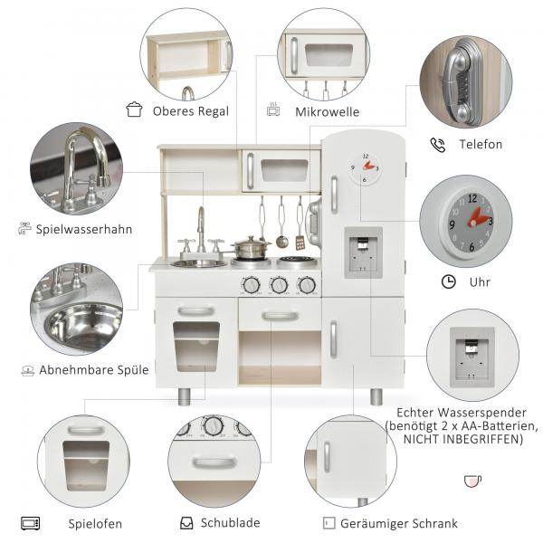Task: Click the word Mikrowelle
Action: [328, 112]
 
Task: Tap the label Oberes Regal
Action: [191, 111]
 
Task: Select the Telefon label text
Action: [481, 144]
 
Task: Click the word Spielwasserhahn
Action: [84, 229]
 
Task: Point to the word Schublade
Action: [230, 522]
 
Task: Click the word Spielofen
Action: [95, 524]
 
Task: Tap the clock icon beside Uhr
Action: [449, 281]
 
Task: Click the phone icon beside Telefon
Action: [438, 145]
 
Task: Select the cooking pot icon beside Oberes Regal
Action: [134, 110]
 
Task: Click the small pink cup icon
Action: [472, 481]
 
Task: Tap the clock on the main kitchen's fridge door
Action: [365, 168]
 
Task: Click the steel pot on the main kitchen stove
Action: [250, 247]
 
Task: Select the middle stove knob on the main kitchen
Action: [279, 285]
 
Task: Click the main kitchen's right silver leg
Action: [376, 396]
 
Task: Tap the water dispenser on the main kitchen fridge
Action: [363, 252]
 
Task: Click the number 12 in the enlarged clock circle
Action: [472, 199]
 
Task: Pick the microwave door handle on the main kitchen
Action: [250, 171]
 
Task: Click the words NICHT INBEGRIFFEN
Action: [463, 439]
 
